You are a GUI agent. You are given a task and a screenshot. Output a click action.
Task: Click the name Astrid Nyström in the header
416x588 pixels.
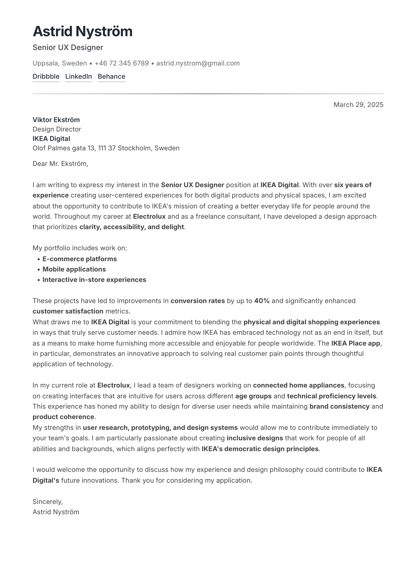click(82, 31)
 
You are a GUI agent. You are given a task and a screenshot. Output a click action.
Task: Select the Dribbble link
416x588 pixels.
click(46, 76)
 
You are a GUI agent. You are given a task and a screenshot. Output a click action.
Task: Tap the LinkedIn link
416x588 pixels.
click(79, 76)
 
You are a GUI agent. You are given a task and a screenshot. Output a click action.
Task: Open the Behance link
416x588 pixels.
click(111, 76)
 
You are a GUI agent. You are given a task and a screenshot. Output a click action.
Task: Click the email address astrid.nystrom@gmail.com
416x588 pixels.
click(198, 63)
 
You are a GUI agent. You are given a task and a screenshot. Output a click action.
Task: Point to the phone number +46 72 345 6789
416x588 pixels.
click(122, 63)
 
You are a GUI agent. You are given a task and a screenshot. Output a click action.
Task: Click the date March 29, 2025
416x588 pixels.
click(358, 105)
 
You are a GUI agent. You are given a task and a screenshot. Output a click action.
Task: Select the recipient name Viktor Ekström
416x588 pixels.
click(56, 120)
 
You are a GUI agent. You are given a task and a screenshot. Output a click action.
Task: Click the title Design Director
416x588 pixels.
click(57, 129)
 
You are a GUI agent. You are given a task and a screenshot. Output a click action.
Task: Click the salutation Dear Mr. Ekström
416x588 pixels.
click(60, 164)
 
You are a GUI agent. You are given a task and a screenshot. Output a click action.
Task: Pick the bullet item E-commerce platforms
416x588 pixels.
click(80, 259)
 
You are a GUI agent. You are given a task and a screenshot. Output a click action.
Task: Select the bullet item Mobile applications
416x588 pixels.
click(74, 269)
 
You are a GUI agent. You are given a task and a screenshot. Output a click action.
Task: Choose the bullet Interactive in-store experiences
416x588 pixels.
click(94, 280)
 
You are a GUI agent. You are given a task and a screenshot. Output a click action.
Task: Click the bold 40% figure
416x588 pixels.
click(262, 301)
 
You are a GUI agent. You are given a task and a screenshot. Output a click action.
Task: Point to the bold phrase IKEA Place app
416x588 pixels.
click(356, 343)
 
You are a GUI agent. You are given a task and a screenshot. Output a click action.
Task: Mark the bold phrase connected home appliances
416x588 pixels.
click(298, 385)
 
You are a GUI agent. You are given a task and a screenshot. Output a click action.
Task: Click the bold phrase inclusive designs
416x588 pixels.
click(254, 438)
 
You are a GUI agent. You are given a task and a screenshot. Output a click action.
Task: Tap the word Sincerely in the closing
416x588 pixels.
click(47, 502)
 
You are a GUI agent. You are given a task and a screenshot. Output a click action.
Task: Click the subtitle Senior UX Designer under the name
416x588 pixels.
click(68, 47)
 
